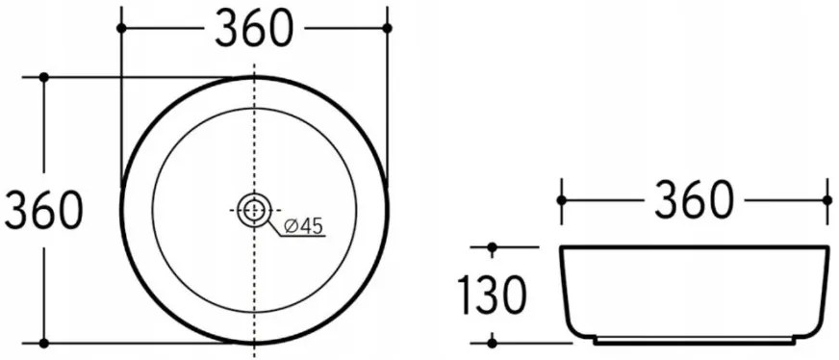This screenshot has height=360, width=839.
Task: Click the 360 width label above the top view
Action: point(253,29)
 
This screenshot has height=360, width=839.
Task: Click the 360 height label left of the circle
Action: point(43,210)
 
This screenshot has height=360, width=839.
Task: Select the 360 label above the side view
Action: point(694,200)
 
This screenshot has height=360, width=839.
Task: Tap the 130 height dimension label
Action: point(492,295)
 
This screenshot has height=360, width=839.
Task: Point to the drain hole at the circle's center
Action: point(254,209)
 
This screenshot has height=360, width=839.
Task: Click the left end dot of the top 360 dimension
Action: point(121,29)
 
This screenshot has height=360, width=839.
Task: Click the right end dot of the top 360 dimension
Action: point(387,29)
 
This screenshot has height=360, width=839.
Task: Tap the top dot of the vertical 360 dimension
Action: point(43,77)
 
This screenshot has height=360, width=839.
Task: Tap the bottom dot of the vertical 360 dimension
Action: point(43,342)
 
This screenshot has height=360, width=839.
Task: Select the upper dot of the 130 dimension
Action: point(492,248)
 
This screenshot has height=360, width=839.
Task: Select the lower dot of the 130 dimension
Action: point(492,341)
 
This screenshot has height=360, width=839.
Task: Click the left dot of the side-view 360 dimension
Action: point(561,200)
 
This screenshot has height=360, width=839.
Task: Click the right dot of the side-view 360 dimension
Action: point(826,200)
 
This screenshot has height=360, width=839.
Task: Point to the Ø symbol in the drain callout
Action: point(291,227)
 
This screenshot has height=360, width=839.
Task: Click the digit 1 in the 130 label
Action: point(467,295)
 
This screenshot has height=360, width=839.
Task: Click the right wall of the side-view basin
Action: point(824,289)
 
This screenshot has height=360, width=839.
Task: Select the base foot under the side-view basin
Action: point(694,341)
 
